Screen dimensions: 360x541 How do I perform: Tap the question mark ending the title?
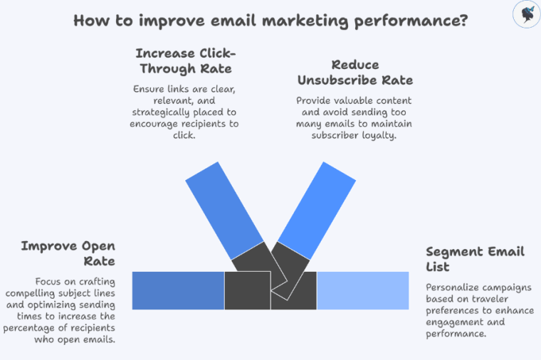[463, 20]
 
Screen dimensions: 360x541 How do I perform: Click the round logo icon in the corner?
[526, 14]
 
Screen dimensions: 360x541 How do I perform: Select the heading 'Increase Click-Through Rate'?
[185, 60]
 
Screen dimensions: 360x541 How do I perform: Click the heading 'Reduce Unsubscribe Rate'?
[354, 72]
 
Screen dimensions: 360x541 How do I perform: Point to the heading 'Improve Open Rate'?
[68, 253]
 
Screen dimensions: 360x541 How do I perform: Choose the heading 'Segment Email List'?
[475, 259]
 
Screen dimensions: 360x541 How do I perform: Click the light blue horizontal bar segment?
[362, 290]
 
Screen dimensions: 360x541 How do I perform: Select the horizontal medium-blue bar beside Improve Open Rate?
[178, 290]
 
